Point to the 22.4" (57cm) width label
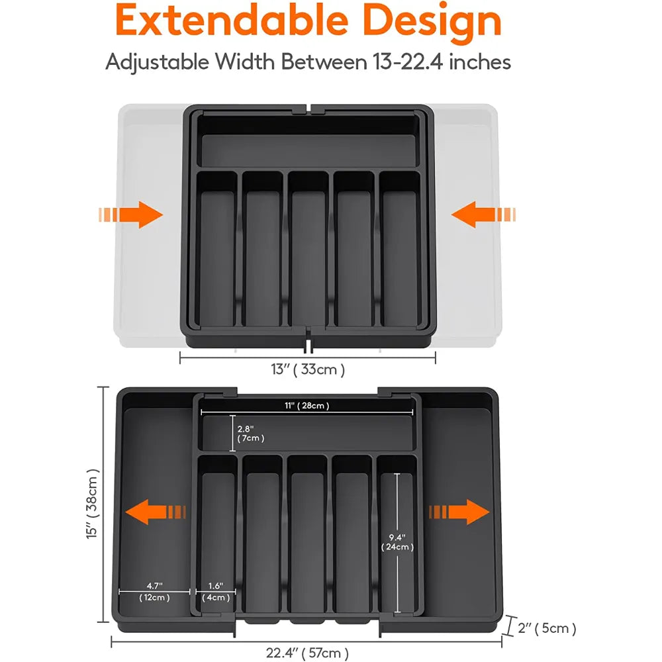click(307, 653)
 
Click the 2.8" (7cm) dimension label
click(251, 433)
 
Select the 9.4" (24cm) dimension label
click(397, 541)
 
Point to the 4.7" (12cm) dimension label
click(155, 591)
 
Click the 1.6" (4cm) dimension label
click(216, 591)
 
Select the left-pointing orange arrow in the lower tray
click(156, 512)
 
